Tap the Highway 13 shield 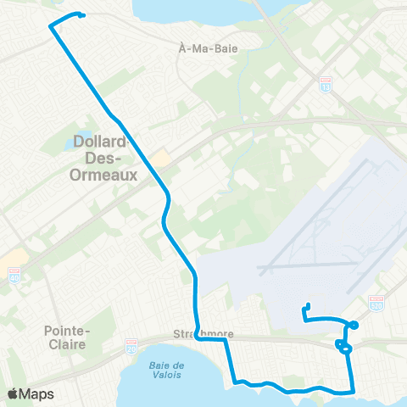point(326,85)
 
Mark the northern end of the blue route point(82,14)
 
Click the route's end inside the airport point(309,306)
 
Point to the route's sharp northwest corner point(51,27)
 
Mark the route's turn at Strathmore point(196,337)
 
